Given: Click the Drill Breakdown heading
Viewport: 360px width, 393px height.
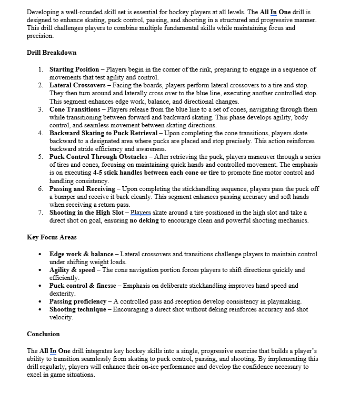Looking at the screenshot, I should click(52, 53).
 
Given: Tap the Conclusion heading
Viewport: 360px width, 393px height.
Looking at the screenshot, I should click(43, 334).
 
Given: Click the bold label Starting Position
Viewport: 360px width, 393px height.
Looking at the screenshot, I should click(74, 69).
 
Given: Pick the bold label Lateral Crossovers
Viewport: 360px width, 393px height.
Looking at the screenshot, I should click(76, 85).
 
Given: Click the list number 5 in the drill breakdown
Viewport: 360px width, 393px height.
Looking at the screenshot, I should click(41, 157).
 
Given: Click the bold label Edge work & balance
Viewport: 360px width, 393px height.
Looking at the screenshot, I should click(81, 254).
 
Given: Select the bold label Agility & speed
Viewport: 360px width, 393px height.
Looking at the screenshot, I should click(72, 270).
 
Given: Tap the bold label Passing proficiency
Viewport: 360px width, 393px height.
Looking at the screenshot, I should click(78, 301).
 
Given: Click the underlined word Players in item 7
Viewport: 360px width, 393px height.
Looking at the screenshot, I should click(141, 213).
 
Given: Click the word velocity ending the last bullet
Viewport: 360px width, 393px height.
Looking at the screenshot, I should click(61, 317).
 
